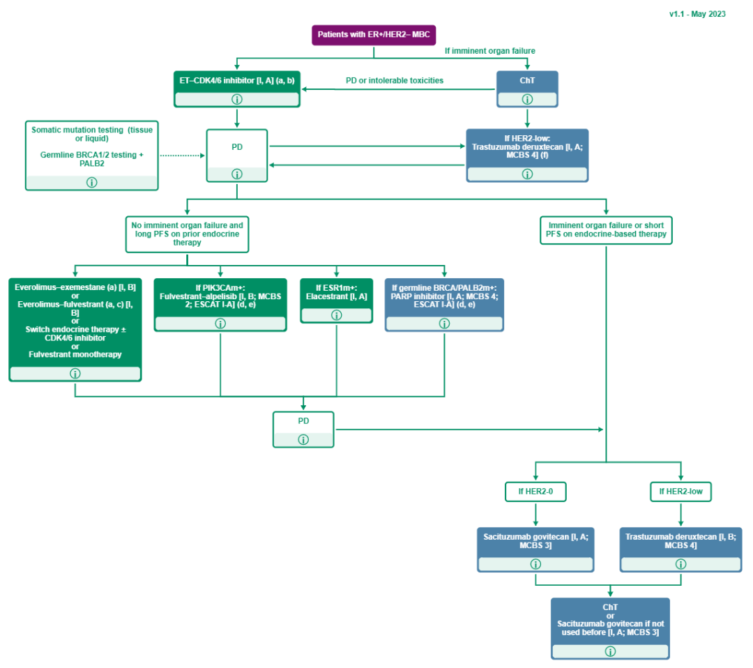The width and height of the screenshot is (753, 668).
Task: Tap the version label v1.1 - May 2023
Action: pos(697,13)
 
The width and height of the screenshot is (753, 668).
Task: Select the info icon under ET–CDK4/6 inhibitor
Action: pos(236,99)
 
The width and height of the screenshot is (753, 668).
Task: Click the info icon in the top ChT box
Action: pos(527,99)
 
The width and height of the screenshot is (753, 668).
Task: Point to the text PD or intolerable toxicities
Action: pos(395,81)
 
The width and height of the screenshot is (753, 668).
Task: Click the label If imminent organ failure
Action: pos(490,51)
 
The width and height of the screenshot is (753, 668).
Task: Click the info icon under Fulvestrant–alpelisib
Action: pos(220,324)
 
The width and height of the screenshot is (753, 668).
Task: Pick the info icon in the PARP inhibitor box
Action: pos(444,324)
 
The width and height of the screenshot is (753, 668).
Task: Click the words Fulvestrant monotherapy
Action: pos(75,354)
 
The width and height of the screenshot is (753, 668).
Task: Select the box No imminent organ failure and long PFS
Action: pos(188,234)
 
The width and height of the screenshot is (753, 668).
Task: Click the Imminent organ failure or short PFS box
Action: pos(605,229)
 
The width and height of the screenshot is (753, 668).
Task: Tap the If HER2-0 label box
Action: pos(535,492)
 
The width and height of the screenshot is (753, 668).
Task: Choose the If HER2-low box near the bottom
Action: pos(680,492)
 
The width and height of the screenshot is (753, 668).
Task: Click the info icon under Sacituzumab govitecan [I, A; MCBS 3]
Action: pos(535,564)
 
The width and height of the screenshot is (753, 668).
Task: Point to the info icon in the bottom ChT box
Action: pos(610,651)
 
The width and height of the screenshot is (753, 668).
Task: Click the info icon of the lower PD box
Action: pos(303,440)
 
